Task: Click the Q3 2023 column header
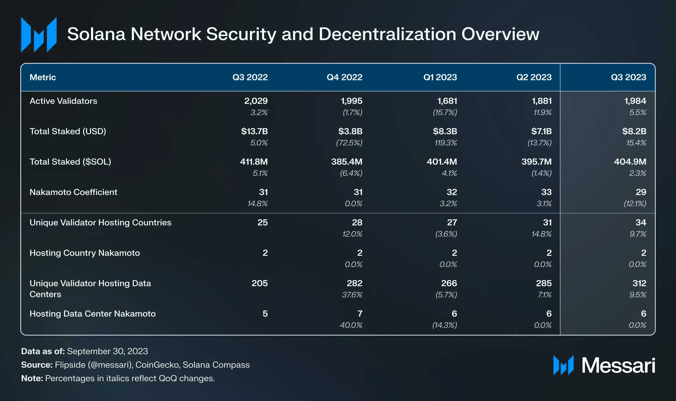pos(628,77)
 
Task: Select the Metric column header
pos(43,77)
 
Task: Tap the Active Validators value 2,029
pos(256,101)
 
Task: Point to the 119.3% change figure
pos(446,143)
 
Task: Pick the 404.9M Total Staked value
pos(630,162)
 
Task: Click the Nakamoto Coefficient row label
pos(73,192)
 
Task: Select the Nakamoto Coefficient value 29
pos(641,192)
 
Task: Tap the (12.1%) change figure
pos(635,204)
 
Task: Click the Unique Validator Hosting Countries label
pos(100,222)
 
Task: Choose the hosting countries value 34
pos(641,222)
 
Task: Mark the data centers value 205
pos(260,283)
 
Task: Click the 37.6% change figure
pos(352,295)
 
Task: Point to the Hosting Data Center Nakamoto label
pos(92,314)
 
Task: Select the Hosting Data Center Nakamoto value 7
pos(360,314)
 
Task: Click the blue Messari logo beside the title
pos(39,35)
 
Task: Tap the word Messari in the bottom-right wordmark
pos(618,366)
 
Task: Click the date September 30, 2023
pos(107,351)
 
